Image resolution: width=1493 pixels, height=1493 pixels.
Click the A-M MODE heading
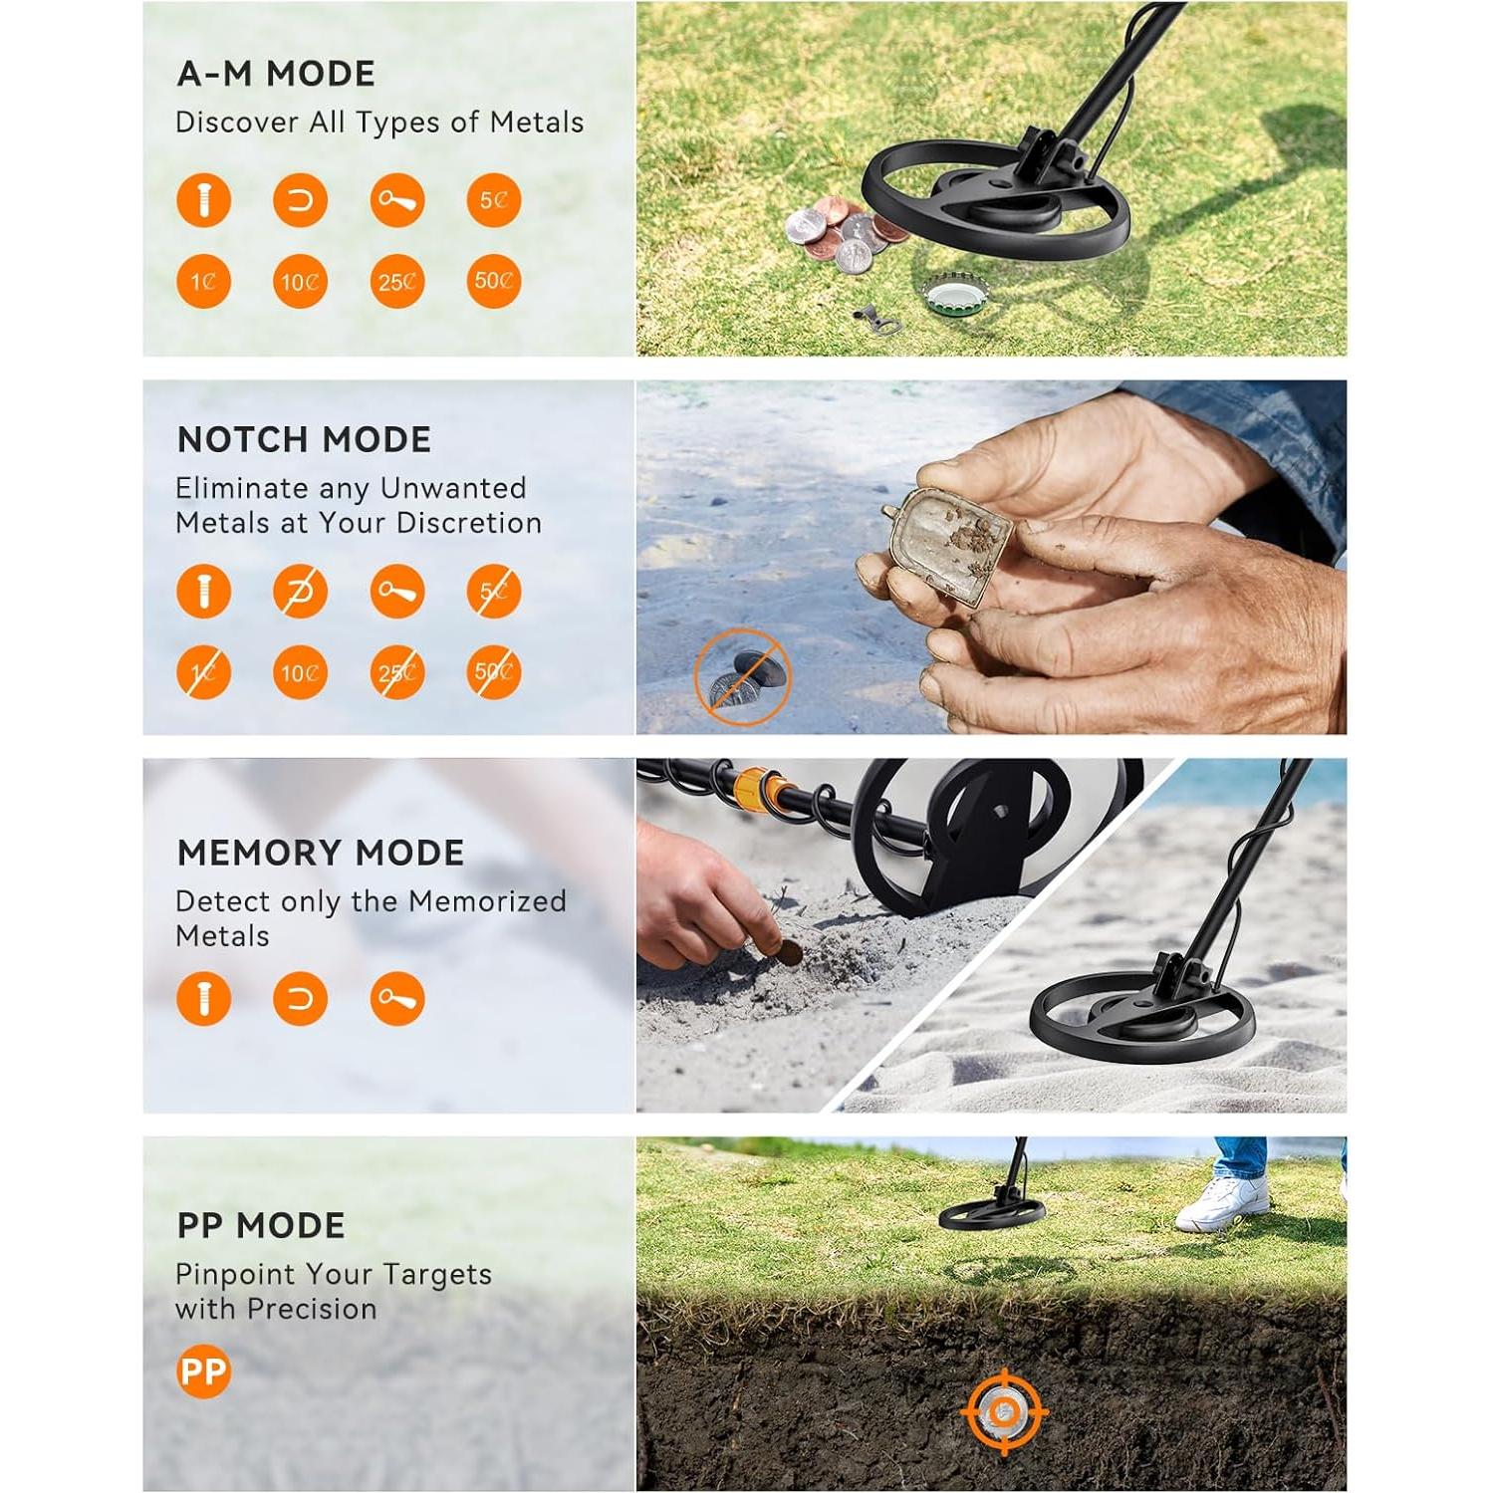(x=276, y=74)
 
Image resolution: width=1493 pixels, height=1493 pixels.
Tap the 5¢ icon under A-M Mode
(x=493, y=200)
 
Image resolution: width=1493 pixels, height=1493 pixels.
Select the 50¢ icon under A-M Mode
(x=493, y=281)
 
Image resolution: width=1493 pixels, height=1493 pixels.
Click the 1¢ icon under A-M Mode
(x=203, y=281)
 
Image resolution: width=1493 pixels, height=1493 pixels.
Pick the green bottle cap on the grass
(x=952, y=295)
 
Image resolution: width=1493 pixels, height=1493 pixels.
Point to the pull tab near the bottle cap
(x=874, y=319)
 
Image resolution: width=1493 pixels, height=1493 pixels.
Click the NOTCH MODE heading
(x=304, y=439)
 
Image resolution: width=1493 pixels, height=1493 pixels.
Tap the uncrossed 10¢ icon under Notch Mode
(x=300, y=672)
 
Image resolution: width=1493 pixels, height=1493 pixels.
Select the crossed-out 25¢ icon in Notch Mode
(x=396, y=672)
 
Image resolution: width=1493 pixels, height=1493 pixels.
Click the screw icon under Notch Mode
(x=203, y=592)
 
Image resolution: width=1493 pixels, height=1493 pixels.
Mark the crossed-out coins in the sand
(x=743, y=677)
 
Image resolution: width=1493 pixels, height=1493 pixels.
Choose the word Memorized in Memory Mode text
(x=487, y=901)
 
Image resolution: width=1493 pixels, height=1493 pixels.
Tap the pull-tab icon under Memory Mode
(x=396, y=999)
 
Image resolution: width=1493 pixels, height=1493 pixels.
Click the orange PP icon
(x=203, y=1371)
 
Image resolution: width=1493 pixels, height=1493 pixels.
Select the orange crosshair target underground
(x=1004, y=1411)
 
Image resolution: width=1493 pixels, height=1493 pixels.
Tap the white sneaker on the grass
(x=1223, y=1204)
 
